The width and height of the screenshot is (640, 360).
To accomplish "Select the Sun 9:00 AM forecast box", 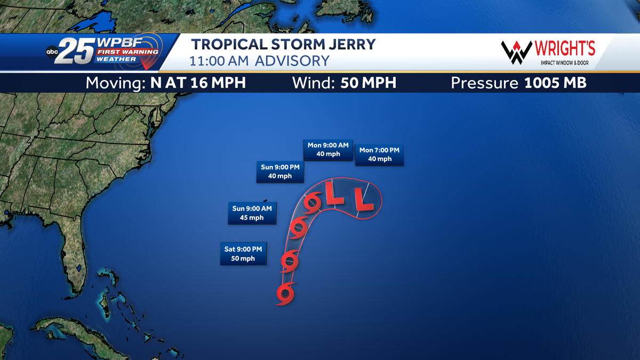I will (252, 213).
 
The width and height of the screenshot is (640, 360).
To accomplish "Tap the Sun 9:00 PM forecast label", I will (280, 171).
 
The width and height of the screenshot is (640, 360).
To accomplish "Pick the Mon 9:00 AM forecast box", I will (328, 149).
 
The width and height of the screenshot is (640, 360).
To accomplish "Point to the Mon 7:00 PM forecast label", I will (379, 155).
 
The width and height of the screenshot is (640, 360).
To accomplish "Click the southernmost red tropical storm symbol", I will (285, 293).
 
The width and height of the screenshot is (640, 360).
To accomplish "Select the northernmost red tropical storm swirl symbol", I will (313, 202).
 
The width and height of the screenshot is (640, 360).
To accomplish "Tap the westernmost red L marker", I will (335, 194).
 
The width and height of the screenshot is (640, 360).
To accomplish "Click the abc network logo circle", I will (52, 52).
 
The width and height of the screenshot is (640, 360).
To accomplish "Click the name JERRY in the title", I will (346, 44).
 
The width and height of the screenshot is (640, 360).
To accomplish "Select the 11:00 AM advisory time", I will (220, 61).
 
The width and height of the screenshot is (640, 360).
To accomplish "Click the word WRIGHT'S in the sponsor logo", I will (564, 49).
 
